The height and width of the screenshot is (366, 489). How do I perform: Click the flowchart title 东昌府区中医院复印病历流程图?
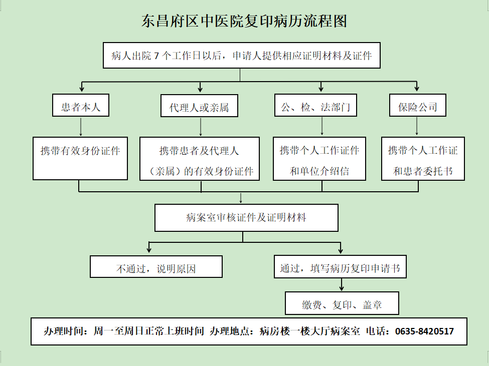point(244,21)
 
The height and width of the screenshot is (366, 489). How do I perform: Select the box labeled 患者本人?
point(81,105)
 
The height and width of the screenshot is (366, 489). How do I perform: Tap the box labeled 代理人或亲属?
point(199,106)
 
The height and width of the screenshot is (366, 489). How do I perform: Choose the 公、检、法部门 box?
point(315,105)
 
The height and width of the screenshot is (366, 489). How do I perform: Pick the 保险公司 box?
point(418,105)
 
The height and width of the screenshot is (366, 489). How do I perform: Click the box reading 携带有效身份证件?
point(80,158)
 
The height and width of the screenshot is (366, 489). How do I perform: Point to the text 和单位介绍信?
point(319,171)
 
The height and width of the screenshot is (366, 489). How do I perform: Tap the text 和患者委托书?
point(423,171)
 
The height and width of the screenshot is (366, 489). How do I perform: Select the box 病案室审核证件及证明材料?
point(246,218)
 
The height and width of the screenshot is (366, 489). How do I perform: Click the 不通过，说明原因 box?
point(156,267)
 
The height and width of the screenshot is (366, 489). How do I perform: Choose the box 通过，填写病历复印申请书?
point(340,267)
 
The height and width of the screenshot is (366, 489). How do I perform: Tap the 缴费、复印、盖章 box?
point(342,303)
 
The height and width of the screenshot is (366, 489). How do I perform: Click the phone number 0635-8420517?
point(424,331)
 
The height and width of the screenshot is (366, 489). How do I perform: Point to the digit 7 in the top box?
point(156,56)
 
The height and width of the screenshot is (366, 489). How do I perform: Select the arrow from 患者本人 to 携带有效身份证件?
point(81,127)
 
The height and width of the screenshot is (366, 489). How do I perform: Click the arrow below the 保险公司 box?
point(417,126)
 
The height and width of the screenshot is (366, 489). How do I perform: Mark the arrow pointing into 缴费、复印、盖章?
point(342,284)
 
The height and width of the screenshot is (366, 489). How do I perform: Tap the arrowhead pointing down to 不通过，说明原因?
point(149,249)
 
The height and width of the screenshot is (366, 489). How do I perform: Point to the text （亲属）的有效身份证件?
point(200,171)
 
